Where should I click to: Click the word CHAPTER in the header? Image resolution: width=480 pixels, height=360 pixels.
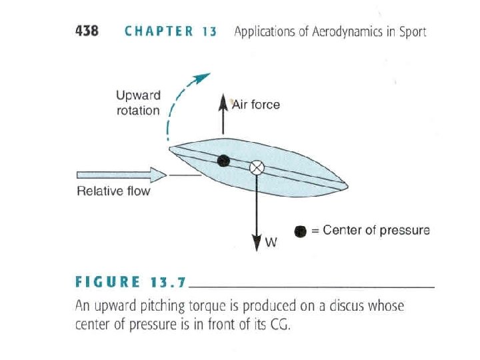click(x=159, y=31)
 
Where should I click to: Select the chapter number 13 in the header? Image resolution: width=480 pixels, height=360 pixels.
click(x=209, y=31)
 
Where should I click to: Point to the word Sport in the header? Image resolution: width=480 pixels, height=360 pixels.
click(x=411, y=31)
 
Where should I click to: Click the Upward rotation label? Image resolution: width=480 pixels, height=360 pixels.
click(x=138, y=103)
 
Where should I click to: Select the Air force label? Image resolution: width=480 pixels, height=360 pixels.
click(x=256, y=105)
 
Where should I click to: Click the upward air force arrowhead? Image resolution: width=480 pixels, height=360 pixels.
click(x=223, y=100)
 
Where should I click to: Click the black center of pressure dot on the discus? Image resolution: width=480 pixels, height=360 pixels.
click(x=224, y=160)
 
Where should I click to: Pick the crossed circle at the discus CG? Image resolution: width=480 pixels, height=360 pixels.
click(x=256, y=167)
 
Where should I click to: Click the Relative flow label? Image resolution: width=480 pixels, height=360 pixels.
click(x=113, y=192)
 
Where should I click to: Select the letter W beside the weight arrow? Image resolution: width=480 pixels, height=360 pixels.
click(x=271, y=243)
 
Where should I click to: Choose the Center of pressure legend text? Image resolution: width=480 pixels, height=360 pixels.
click(x=376, y=231)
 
